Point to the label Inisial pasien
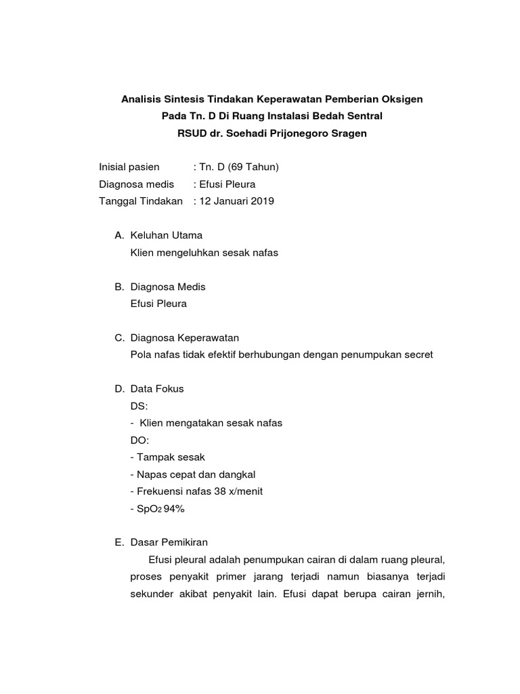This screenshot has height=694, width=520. click(129, 167)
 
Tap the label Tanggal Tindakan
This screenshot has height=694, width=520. click(141, 201)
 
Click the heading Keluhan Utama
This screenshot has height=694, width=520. click(166, 235)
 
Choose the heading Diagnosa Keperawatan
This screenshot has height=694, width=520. click(184, 338)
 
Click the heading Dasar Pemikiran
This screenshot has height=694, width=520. click(169, 542)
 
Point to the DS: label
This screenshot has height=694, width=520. click(138, 406)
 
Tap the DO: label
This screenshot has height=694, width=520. click(139, 440)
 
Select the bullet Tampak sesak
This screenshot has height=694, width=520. click(170, 457)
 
